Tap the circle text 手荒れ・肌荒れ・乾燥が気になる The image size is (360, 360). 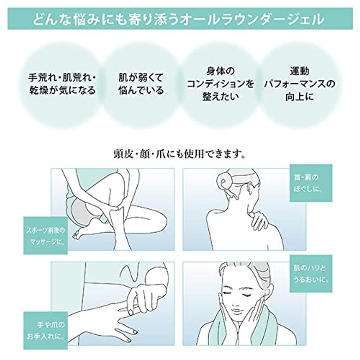tap(62, 84)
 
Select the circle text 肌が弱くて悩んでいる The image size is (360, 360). tap(141, 84)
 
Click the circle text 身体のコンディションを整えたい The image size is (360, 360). tap(220, 84)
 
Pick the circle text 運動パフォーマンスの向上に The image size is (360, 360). tap(299, 84)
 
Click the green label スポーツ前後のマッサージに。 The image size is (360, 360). tap(45, 235)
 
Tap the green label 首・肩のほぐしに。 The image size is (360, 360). tap(311, 183)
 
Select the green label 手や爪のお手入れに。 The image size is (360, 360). tap(45, 330)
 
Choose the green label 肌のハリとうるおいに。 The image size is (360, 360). tap(311, 274)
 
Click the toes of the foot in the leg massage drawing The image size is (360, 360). tap(77, 234)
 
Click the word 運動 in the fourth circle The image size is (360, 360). tap(299, 71)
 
